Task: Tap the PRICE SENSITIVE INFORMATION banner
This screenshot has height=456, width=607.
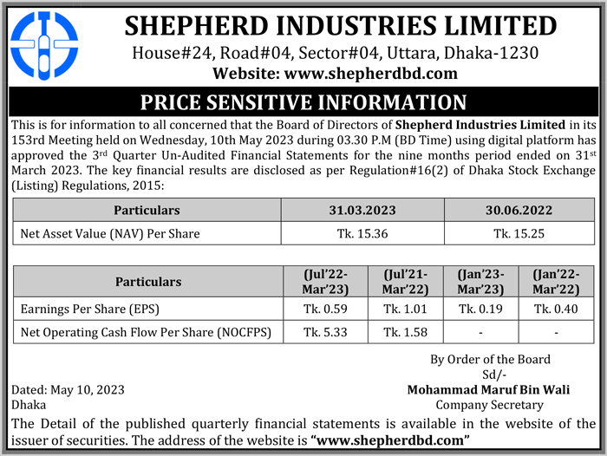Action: coord(303,101)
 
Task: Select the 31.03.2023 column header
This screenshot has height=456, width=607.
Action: coord(363,211)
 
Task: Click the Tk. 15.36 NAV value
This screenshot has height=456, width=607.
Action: coord(363,233)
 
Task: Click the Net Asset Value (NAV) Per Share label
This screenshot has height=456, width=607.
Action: coord(110,233)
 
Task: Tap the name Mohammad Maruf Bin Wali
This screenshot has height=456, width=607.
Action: coord(488,390)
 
